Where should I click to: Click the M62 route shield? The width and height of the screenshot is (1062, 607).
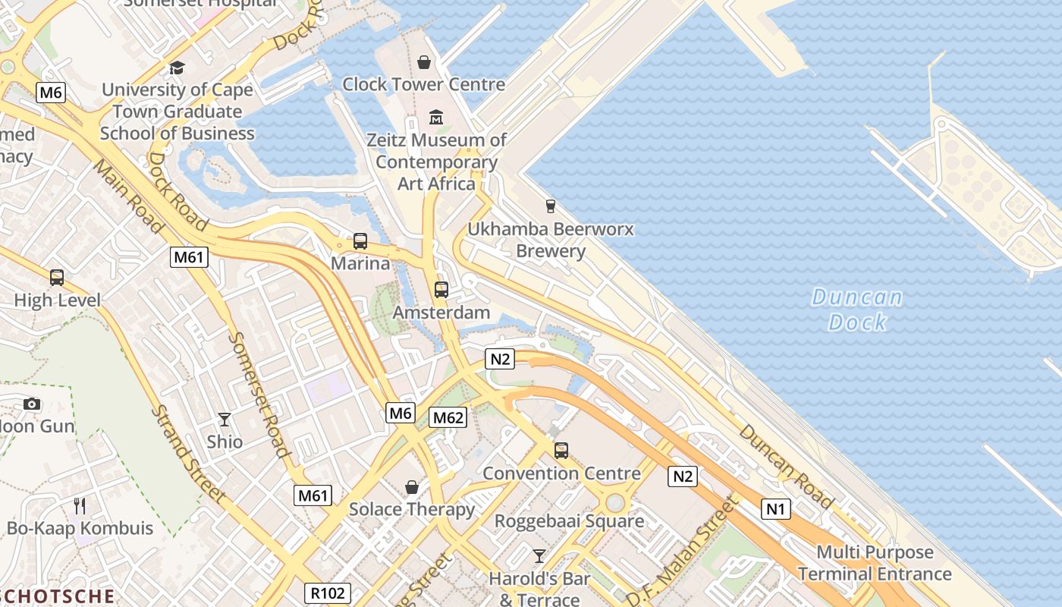pyautogui.click(x=448, y=417)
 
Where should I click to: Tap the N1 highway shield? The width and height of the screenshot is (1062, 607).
pyautogui.click(x=775, y=508)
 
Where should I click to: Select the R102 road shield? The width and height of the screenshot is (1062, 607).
pyautogui.click(x=328, y=593)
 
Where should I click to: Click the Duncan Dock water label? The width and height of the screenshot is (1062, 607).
pyautogui.click(x=857, y=310)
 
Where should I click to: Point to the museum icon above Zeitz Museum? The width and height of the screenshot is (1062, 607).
pyautogui.click(x=436, y=118)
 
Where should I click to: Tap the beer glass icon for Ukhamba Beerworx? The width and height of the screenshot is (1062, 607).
pyautogui.click(x=551, y=206)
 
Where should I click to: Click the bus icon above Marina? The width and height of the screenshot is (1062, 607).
pyautogui.click(x=360, y=241)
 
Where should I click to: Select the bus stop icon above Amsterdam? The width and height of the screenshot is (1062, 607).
pyautogui.click(x=441, y=289)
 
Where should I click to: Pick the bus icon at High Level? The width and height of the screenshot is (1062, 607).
pyautogui.click(x=57, y=278)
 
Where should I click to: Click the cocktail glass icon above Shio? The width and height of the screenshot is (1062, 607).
pyautogui.click(x=225, y=419)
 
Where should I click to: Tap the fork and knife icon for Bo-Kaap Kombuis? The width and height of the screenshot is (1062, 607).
pyautogui.click(x=80, y=505)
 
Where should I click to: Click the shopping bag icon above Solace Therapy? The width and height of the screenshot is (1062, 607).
pyautogui.click(x=412, y=486)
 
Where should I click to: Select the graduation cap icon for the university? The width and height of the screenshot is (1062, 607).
pyautogui.click(x=177, y=68)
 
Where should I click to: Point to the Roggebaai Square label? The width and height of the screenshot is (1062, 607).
pyautogui.click(x=569, y=521)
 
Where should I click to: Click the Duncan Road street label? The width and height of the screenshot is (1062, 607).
pyautogui.click(x=785, y=465)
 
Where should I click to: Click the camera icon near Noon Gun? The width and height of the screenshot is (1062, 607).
pyautogui.click(x=32, y=404)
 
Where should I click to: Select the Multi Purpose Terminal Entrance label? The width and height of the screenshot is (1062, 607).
pyautogui.click(x=875, y=563)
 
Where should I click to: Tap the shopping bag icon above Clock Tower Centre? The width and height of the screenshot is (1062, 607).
pyautogui.click(x=424, y=61)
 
